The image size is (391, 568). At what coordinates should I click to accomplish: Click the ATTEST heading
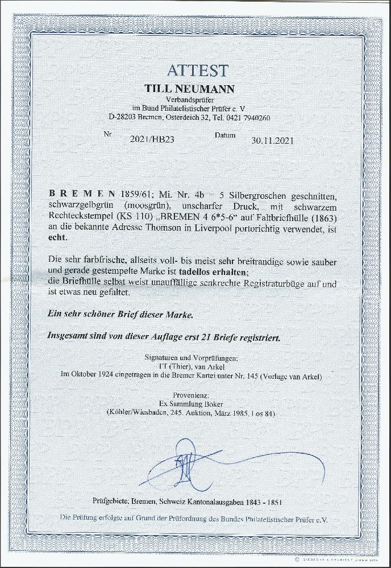pos(197,71)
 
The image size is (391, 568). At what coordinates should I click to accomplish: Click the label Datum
pos(224,136)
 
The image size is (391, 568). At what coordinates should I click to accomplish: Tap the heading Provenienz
pos(197,393)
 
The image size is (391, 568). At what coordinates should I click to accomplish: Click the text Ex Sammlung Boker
pos(197,403)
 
